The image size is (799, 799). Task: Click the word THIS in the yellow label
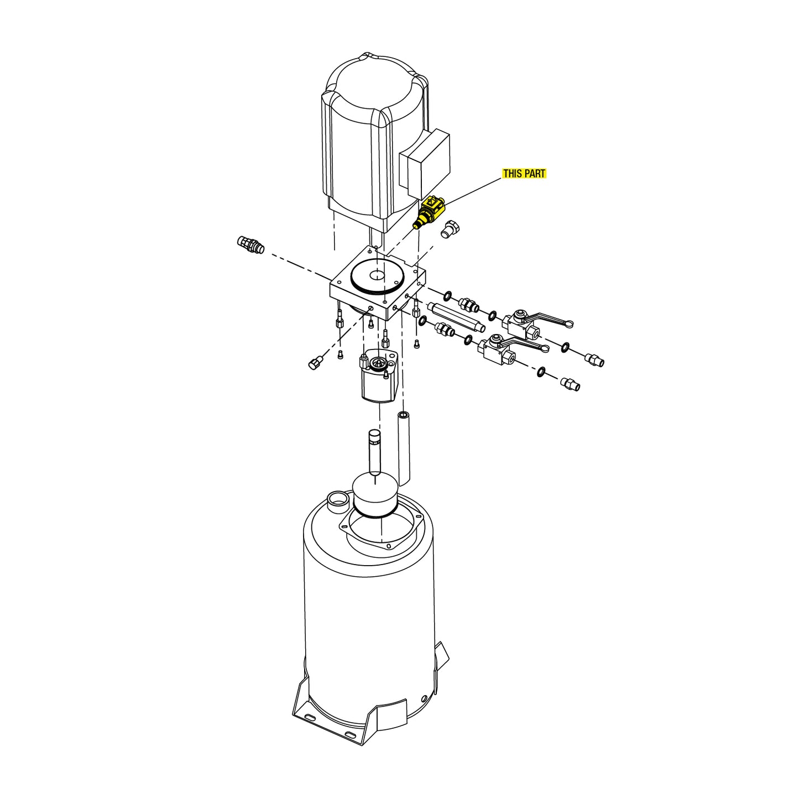point(513,173)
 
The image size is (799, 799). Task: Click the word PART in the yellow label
point(535,173)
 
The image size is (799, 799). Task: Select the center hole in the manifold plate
point(377,274)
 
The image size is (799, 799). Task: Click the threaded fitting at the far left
point(250,245)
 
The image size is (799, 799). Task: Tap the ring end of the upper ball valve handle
point(567,323)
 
